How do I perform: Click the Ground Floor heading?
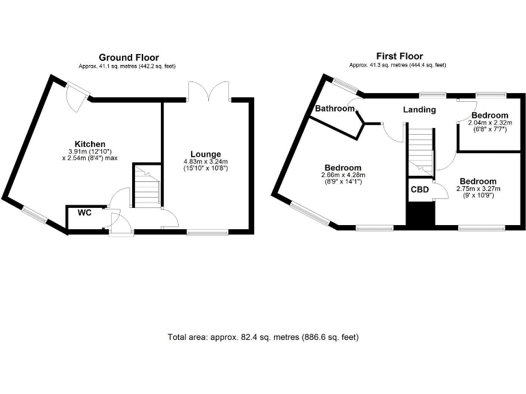(129, 57)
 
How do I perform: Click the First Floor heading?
(399, 56)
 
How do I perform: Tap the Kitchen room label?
(90, 144)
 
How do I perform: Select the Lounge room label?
(205, 153)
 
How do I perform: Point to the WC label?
(84, 213)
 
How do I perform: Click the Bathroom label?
(335, 109)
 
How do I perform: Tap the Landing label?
(419, 109)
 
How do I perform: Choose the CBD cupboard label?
(420, 189)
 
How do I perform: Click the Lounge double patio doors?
(208, 92)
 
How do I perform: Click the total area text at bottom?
(263, 337)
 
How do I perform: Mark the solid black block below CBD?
(421, 214)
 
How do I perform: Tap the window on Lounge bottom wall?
(208, 233)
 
